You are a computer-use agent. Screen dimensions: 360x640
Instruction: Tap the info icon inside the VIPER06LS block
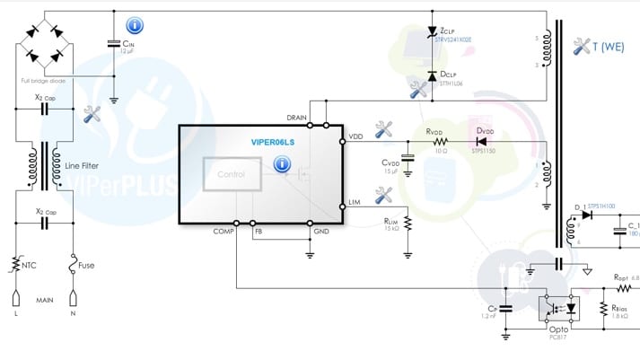pyautogui.click(x=282, y=165)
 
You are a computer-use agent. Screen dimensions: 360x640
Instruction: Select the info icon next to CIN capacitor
pyautogui.click(x=135, y=26)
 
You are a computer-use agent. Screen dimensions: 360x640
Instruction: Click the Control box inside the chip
pyautogui.click(x=232, y=174)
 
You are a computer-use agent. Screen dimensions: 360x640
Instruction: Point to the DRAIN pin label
pyautogui.click(x=297, y=118)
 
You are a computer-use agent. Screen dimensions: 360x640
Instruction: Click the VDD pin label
pyautogui.click(x=355, y=136)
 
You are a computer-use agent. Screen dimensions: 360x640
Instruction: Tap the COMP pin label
pyautogui.click(x=224, y=231)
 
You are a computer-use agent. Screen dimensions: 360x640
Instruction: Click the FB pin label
pyautogui.click(x=258, y=231)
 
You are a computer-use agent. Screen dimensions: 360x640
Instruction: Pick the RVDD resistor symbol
pyautogui.click(x=439, y=141)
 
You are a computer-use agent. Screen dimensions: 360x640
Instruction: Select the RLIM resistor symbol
pyautogui.click(x=407, y=223)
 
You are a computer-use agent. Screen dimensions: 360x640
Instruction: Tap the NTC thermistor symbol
pyautogui.click(x=14, y=266)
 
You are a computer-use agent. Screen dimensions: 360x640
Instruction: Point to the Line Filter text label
pyautogui.click(x=83, y=165)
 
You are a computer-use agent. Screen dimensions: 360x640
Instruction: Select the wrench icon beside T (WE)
pyautogui.click(x=580, y=47)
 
